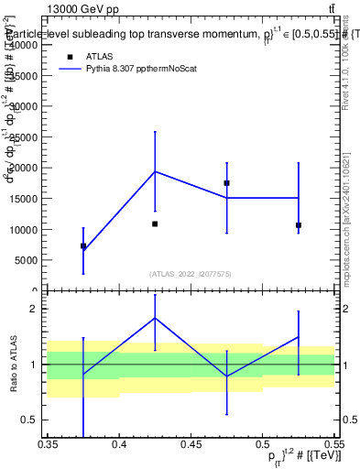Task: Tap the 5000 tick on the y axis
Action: [x=28, y=260]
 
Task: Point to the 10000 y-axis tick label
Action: [x=26, y=230]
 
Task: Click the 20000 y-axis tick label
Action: [x=26, y=169]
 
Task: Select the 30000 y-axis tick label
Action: [x=26, y=106]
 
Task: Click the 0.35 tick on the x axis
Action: [x=48, y=443]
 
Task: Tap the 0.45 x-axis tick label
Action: [x=191, y=443]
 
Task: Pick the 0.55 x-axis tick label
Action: [x=333, y=443]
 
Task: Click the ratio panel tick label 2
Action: [x=34, y=309]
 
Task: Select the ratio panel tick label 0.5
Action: [x=31, y=420]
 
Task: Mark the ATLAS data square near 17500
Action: [x=226, y=183]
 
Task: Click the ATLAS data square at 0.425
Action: [x=155, y=224]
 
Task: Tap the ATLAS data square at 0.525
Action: [x=299, y=225]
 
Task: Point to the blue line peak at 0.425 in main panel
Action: [x=155, y=171]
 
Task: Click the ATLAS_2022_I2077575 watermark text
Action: [x=191, y=274]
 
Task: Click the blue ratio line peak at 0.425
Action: [x=155, y=318]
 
